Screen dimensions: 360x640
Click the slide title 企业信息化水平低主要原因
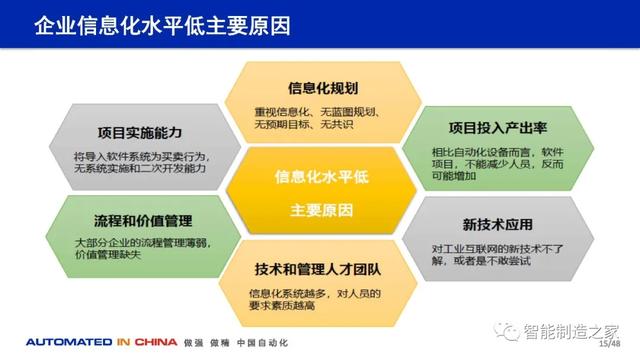click(x=162, y=25)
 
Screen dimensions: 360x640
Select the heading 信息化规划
click(x=318, y=87)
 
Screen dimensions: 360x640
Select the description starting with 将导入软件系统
click(x=141, y=163)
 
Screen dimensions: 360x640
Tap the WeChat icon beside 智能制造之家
click(x=511, y=327)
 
